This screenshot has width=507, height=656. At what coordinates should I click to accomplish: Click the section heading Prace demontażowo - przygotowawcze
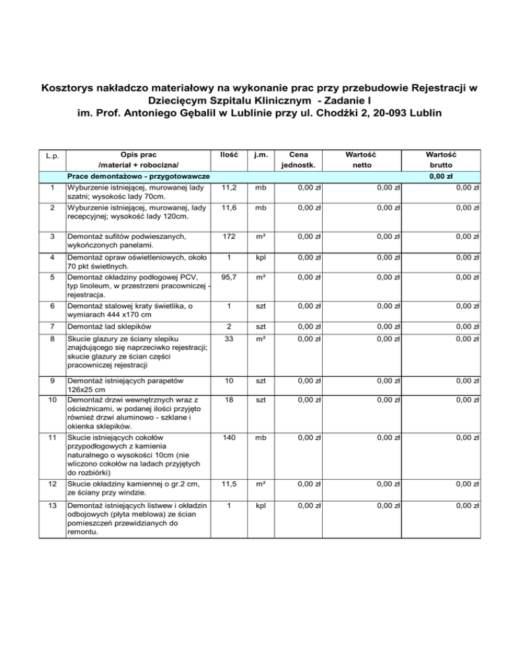(143, 176)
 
